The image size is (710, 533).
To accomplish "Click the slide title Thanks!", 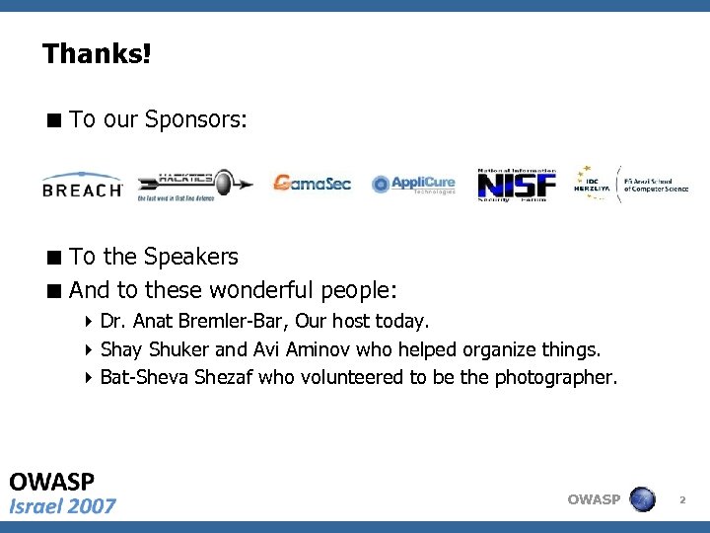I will pos(97,53).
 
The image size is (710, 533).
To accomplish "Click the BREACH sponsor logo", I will pos(82,186).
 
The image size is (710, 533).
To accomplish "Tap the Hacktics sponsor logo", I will pos(192,185).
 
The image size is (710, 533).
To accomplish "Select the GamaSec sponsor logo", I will pos(312,184).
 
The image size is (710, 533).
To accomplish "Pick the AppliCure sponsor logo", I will pos(414,184).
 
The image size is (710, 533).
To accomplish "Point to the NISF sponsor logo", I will pos(517,184).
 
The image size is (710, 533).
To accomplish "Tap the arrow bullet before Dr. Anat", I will pos(89,322).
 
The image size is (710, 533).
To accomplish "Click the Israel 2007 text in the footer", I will pos(62,506).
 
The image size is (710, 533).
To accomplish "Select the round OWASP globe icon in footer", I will pos(642,499).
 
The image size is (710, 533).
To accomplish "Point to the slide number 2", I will pos(681,501).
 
